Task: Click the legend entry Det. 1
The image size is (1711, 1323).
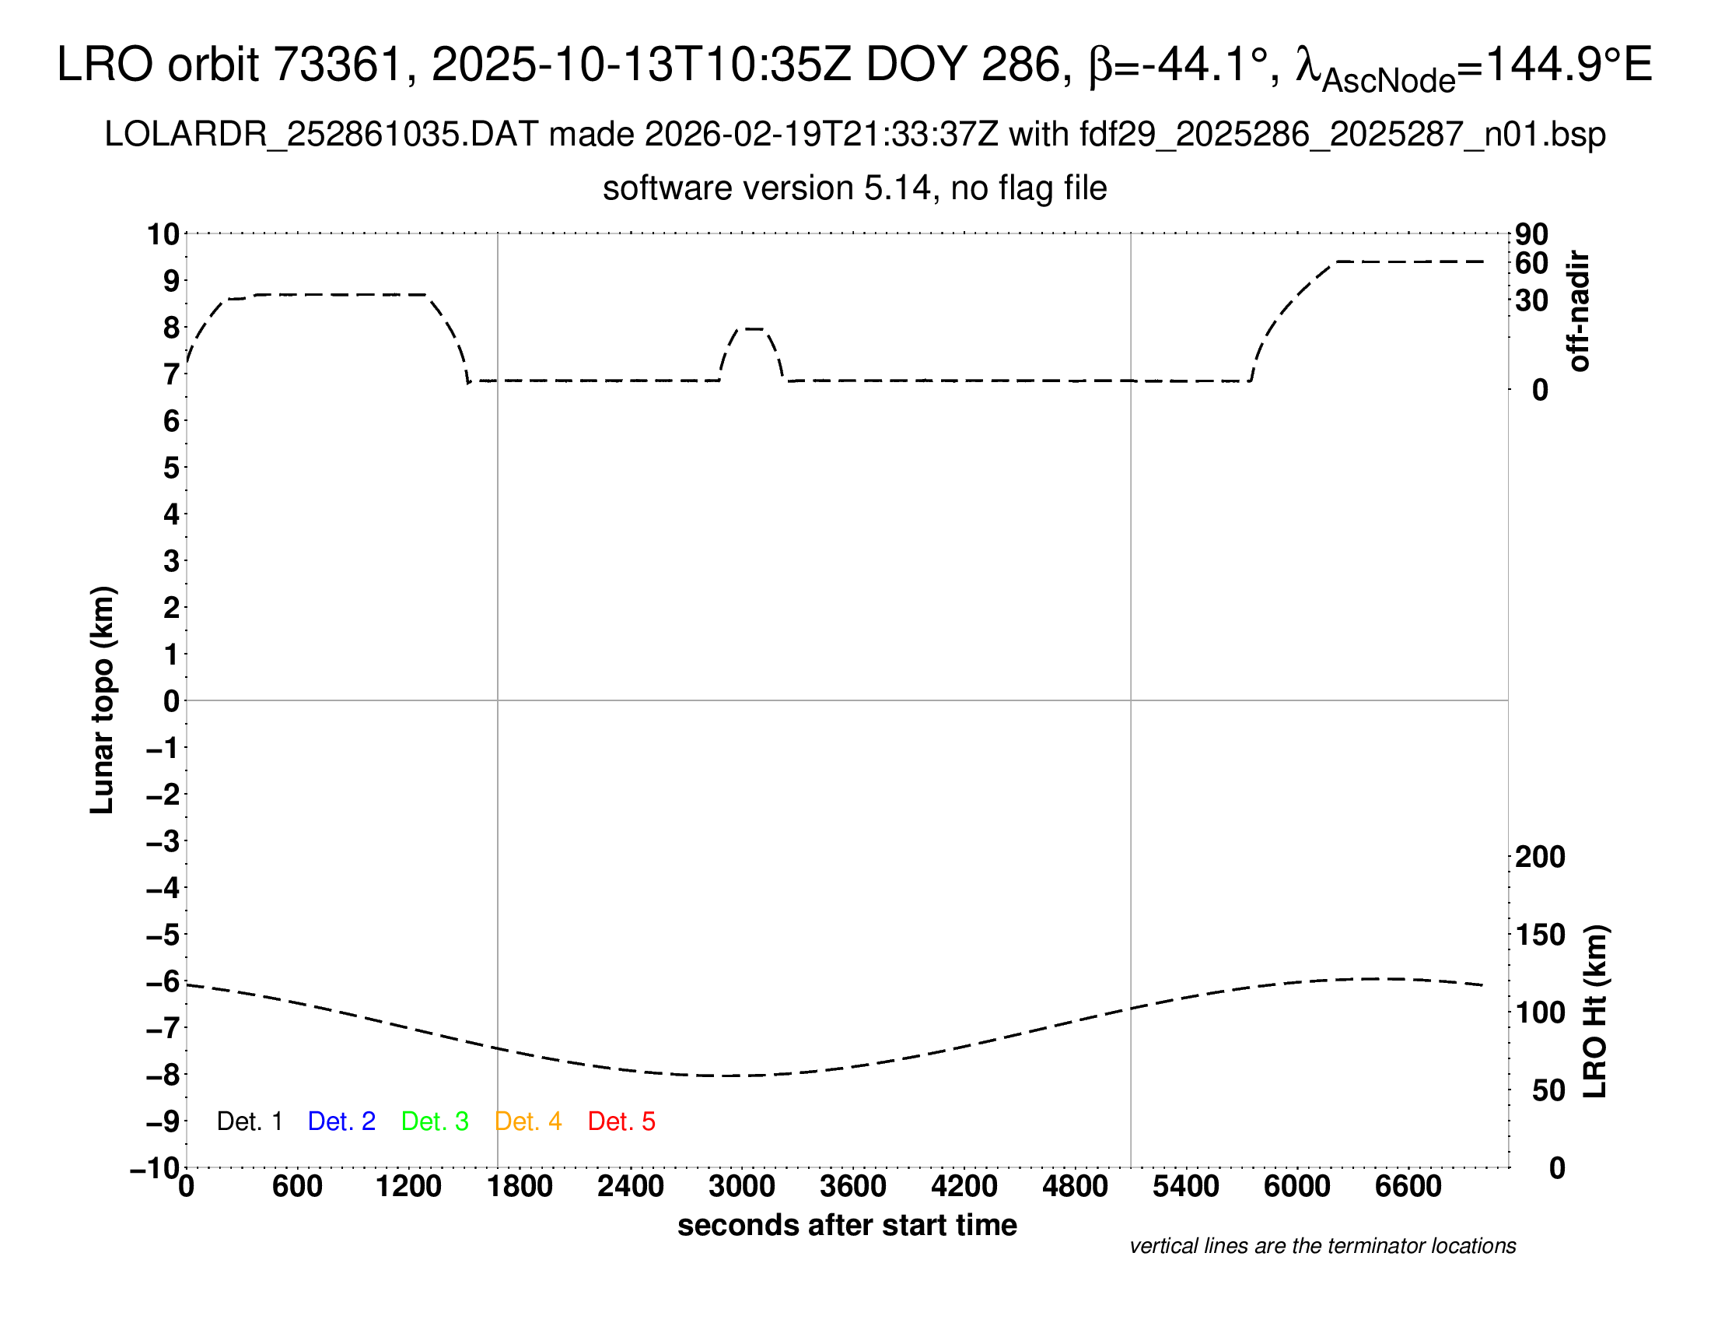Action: (x=249, y=1121)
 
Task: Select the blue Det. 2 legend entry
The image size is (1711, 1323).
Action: (x=341, y=1121)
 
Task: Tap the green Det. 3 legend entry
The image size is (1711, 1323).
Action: (x=435, y=1121)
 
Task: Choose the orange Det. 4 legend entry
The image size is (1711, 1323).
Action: (x=528, y=1121)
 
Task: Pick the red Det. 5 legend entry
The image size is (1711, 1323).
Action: (x=621, y=1121)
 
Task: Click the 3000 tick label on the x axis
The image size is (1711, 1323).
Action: (x=741, y=1187)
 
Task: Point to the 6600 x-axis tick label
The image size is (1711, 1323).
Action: (x=1408, y=1187)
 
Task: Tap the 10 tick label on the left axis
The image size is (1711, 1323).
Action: (x=164, y=234)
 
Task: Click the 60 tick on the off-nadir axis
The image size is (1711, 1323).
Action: (x=1531, y=263)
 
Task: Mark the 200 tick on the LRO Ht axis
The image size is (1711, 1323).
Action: (x=1539, y=858)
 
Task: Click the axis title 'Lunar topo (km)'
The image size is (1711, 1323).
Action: (x=103, y=700)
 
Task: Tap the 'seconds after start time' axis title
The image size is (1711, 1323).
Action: (x=847, y=1225)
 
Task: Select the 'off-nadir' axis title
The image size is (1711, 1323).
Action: (x=1580, y=311)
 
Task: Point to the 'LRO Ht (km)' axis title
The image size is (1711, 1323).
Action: (x=1595, y=1012)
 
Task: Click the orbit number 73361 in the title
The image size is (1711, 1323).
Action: (x=337, y=65)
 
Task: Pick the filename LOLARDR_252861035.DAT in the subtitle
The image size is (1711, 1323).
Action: (x=321, y=135)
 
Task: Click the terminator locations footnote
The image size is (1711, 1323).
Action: (x=1322, y=1246)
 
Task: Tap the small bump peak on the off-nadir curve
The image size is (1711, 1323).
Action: (x=754, y=328)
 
